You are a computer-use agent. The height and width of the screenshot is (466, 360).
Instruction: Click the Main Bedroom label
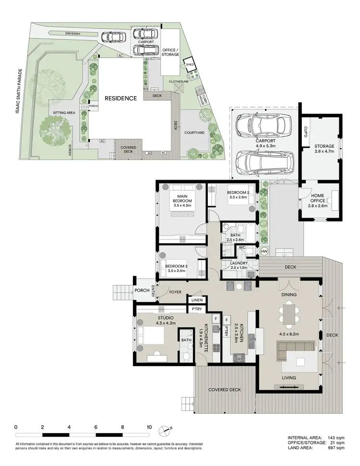[182, 198]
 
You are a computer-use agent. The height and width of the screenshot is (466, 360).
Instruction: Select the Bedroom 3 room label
[176, 269]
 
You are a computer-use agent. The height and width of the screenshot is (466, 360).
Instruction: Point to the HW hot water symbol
[264, 251]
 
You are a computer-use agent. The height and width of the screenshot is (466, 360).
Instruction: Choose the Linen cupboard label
[197, 300]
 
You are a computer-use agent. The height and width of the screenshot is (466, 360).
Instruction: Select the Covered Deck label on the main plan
[224, 390]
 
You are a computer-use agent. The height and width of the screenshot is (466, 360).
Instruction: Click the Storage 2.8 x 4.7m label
[324, 149]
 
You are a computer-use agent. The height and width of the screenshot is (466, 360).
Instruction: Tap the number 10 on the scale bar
[149, 426]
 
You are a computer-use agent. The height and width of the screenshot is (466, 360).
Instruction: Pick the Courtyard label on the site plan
[195, 133]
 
